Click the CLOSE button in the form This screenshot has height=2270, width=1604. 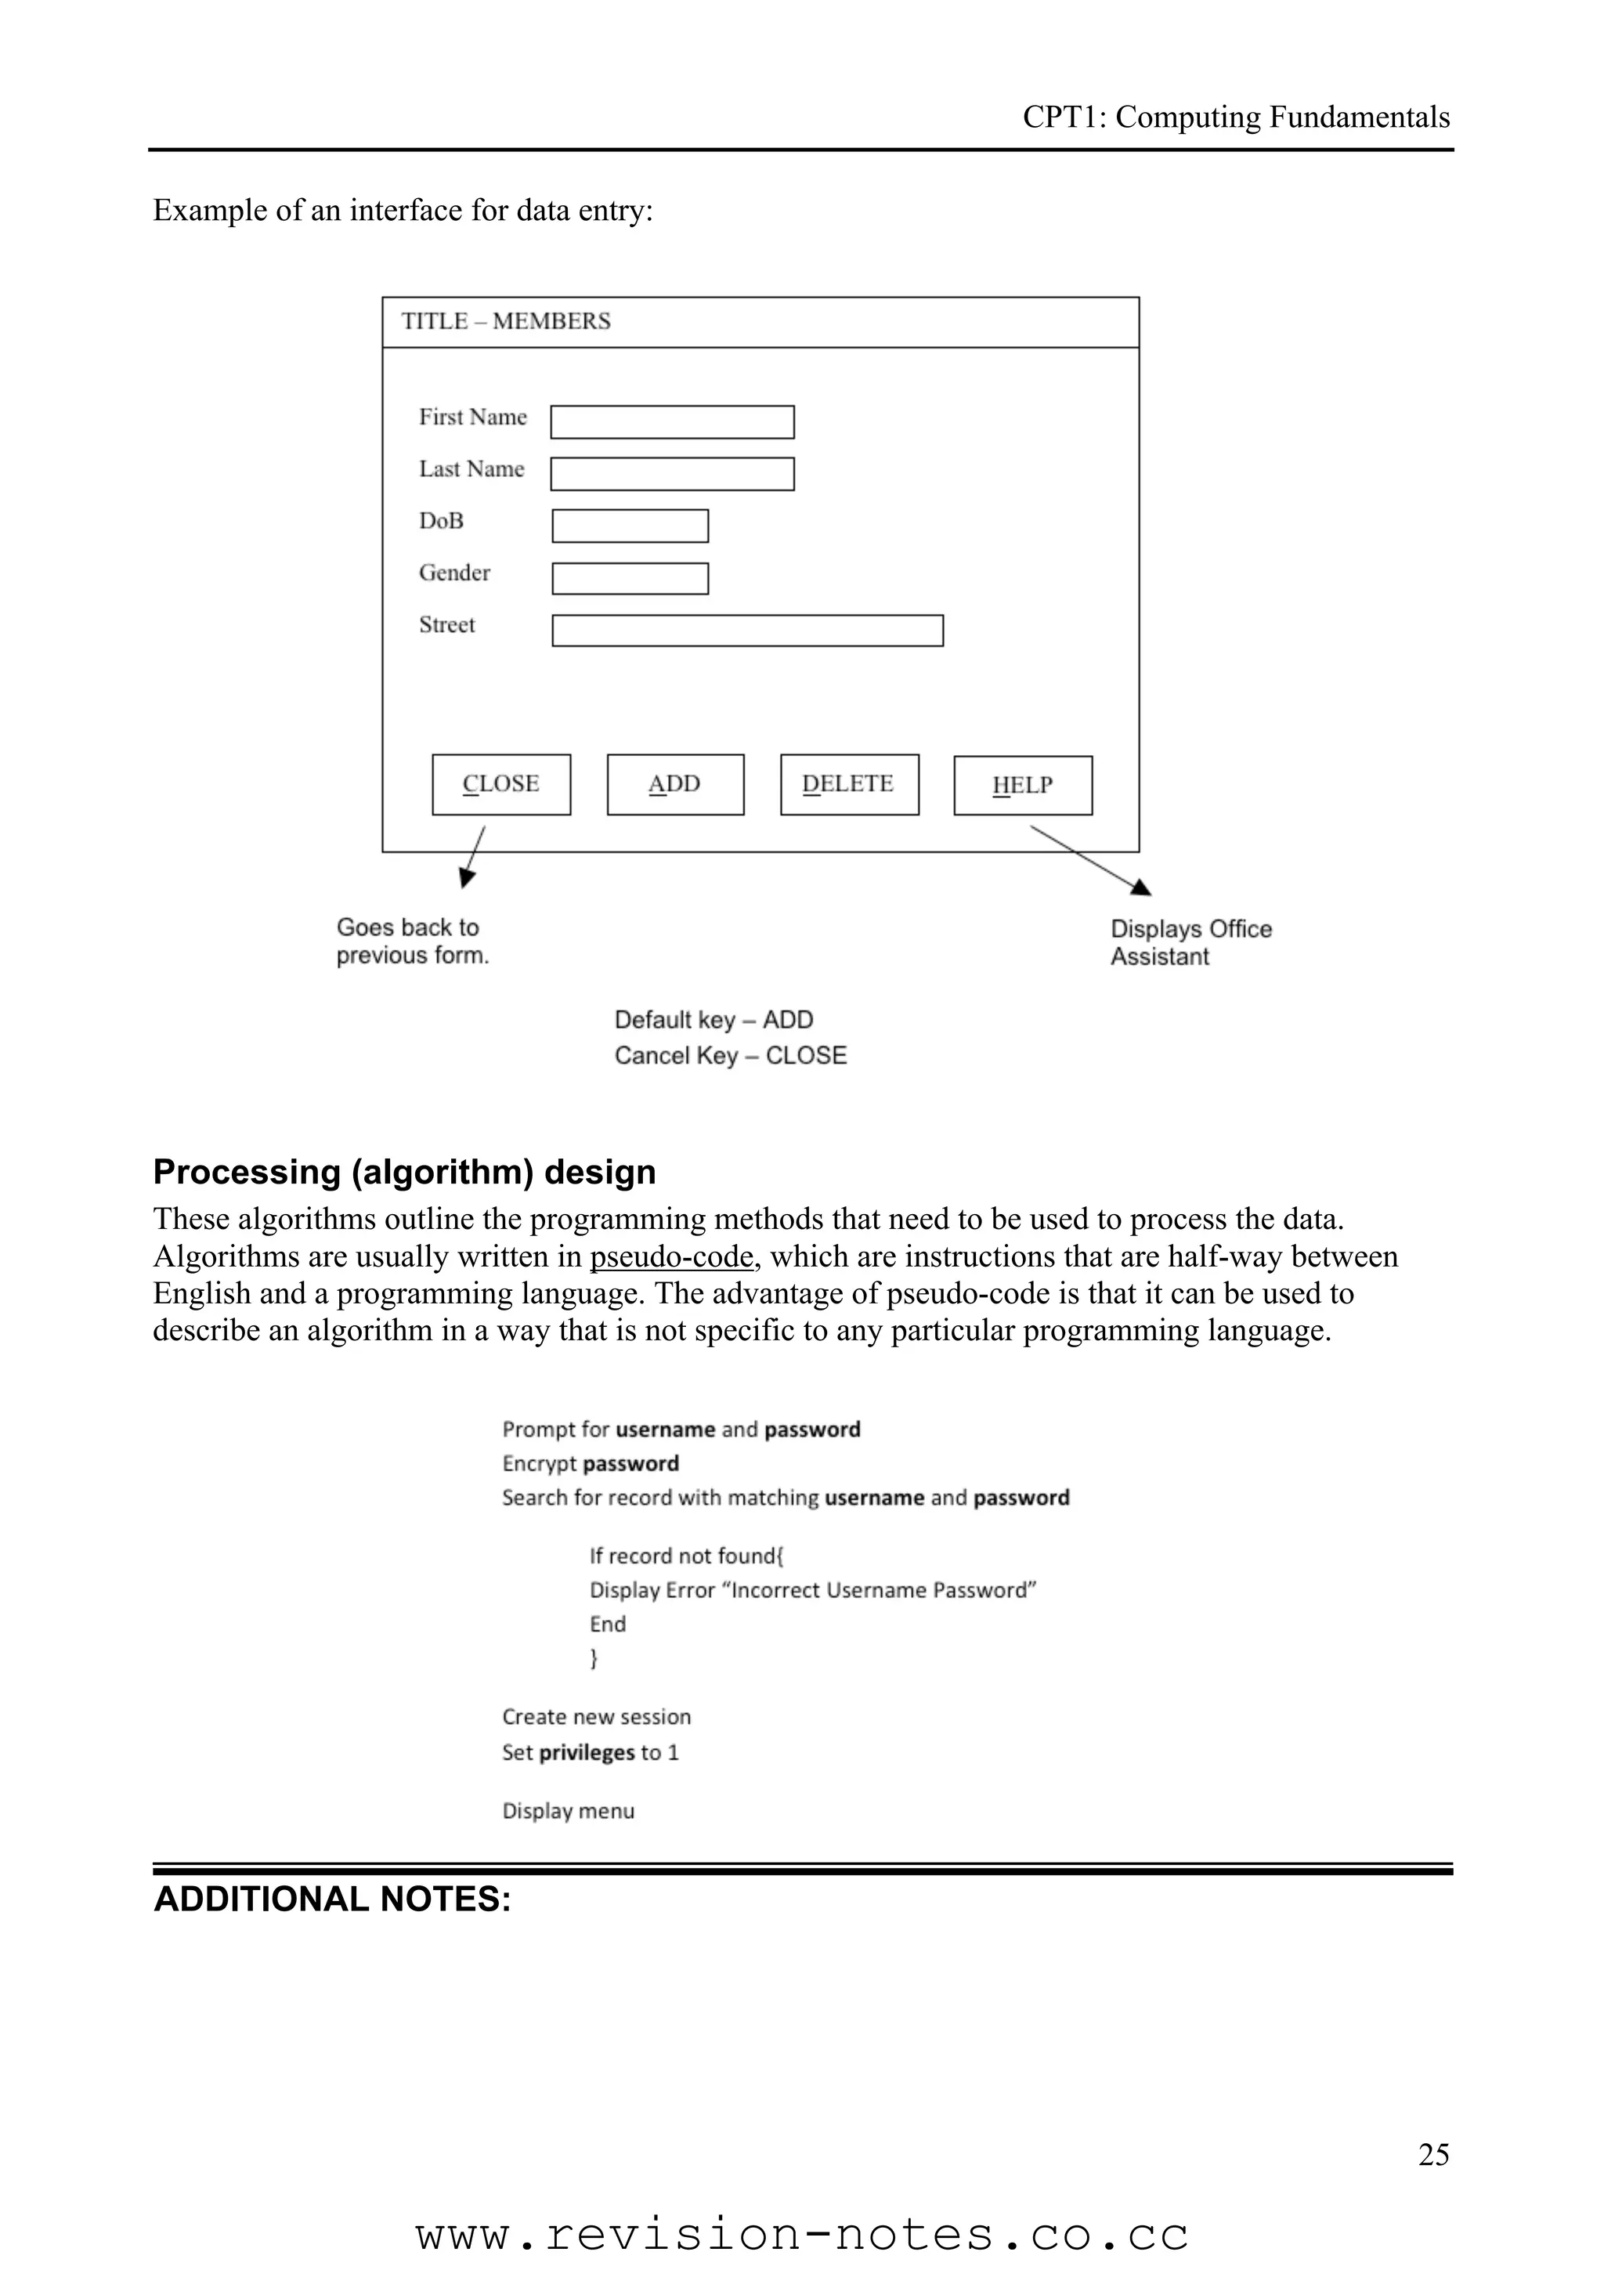501,784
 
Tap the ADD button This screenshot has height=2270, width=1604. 675,784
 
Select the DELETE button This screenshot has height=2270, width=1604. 849,784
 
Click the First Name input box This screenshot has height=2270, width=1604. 672,422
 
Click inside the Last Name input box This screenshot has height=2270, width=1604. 672,474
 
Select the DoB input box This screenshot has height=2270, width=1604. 630,526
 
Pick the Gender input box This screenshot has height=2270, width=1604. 630,578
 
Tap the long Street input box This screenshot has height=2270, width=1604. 747,631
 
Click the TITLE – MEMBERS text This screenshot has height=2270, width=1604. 505,321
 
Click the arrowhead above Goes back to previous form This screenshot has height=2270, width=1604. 467,878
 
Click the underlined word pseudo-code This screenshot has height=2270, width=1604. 672,1256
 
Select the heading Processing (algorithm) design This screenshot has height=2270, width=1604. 404,1172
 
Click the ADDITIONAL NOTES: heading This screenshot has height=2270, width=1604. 332,1899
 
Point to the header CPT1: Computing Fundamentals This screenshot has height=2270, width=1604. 1235,117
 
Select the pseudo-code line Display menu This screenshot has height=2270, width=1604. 569,1811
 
